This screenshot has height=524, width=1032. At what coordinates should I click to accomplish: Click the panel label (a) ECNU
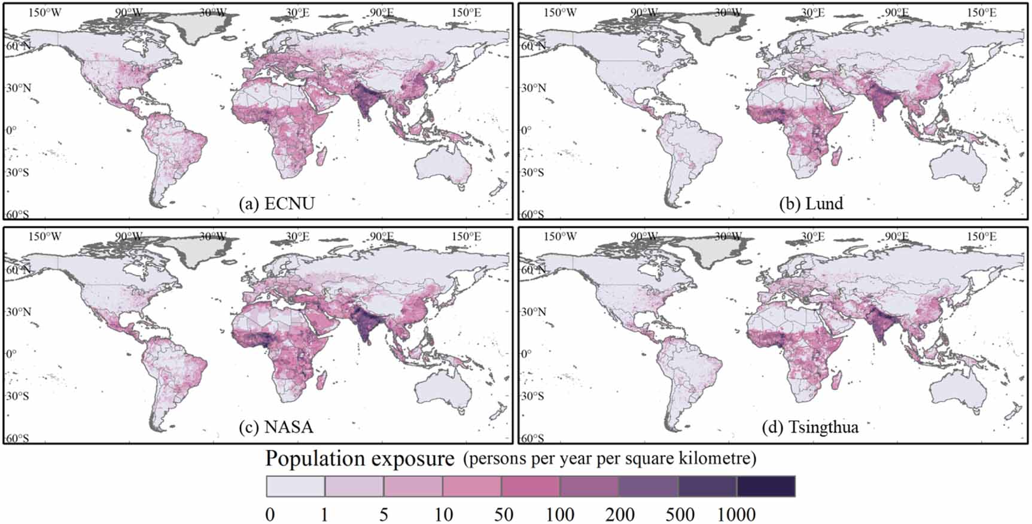pyautogui.click(x=276, y=204)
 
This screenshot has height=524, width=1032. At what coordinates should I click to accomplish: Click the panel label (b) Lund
pyautogui.click(x=811, y=203)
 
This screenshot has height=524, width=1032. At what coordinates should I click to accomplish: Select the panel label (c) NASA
pyautogui.click(x=276, y=427)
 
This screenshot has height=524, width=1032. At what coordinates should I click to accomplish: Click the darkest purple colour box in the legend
pyautogui.click(x=766, y=486)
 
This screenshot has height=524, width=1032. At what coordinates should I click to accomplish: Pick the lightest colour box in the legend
pyautogui.click(x=296, y=486)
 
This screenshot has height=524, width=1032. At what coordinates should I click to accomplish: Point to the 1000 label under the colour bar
pyautogui.click(x=736, y=514)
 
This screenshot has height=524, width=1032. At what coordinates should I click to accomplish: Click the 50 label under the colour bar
pyautogui.click(x=503, y=514)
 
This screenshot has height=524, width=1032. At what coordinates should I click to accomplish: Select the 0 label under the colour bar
pyautogui.click(x=270, y=514)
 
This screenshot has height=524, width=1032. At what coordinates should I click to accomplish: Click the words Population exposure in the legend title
pyautogui.click(x=360, y=459)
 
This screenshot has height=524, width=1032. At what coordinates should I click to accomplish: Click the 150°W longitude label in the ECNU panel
pyautogui.click(x=45, y=13)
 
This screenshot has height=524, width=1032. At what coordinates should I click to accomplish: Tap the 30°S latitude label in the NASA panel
pyautogui.click(x=17, y=396)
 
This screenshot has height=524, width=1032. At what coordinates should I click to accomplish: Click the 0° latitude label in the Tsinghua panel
pyautogui.click(x=526, y=354)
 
